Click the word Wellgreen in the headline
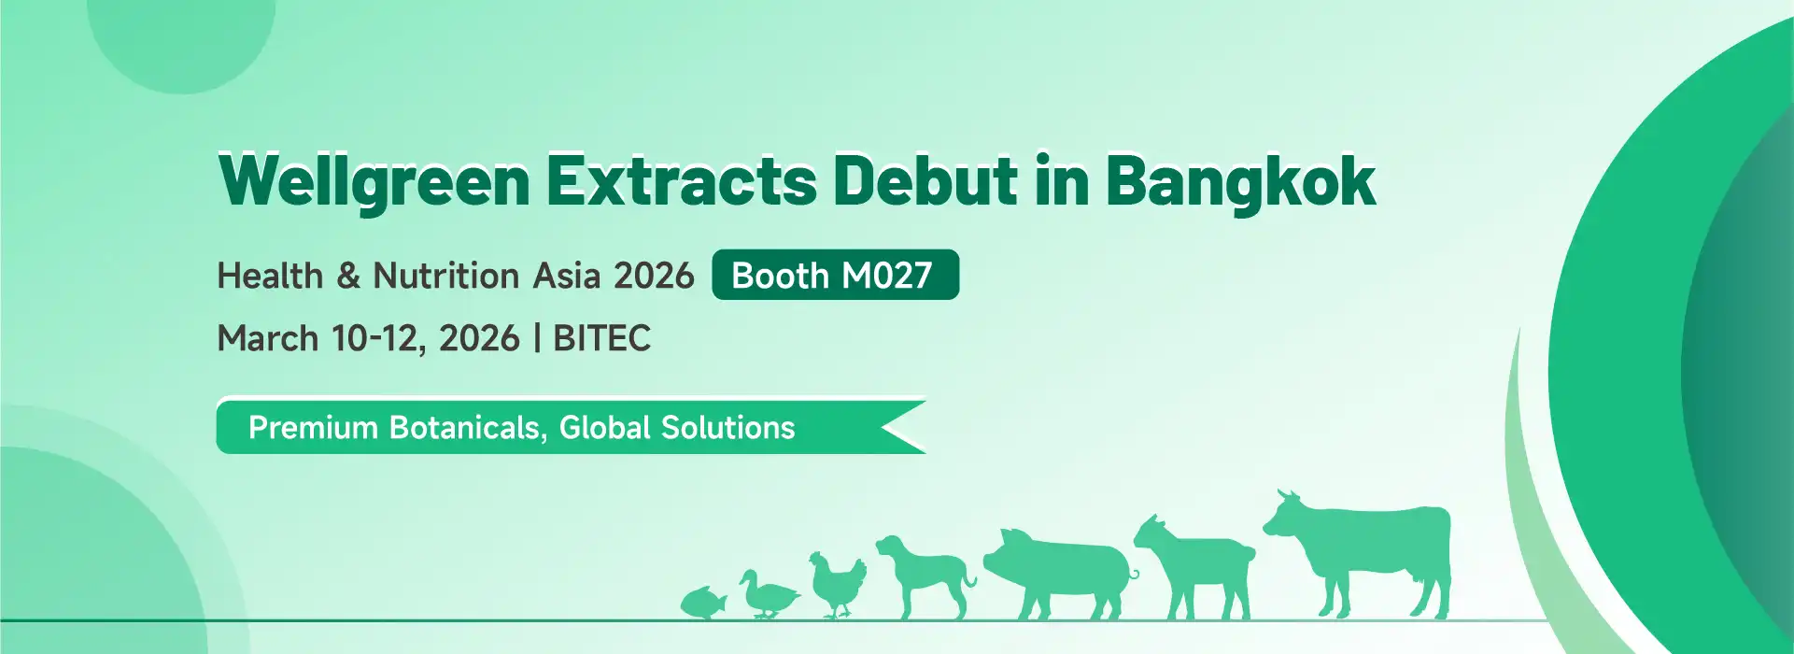(374, 180)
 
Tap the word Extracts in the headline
(681, 180)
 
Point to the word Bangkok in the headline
(1240, 180)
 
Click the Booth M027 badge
(835, 275)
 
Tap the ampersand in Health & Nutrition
(347, 276)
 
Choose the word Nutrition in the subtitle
(446, 276)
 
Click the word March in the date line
(268, 338)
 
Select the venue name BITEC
(601, 338)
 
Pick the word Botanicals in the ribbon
(464, 427)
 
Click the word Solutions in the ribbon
(727, 427)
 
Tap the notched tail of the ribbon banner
(901, 427)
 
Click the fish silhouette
(704, 603)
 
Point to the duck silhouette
(769, 594)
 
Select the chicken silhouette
(838, 585)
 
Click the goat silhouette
(1194, 566)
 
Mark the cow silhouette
(1359, 553)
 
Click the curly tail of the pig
(1132, 574)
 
